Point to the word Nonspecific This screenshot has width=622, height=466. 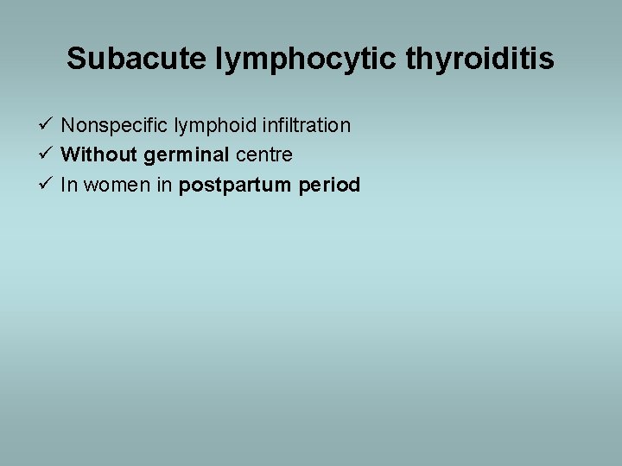(x=115, y=126)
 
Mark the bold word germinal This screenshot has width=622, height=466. (x=182, y=156)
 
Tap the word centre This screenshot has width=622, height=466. (x=264, y=155)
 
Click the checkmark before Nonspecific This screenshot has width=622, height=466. (x=48, y=126)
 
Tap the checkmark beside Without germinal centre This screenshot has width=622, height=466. (x=48, y=155)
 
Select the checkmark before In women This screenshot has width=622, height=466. (x=48, y=185)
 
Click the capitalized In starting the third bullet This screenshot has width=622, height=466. (x=68, y=185)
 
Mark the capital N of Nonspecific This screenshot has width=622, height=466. (x=68, y=126)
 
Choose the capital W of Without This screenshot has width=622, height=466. (x=70, y=155)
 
